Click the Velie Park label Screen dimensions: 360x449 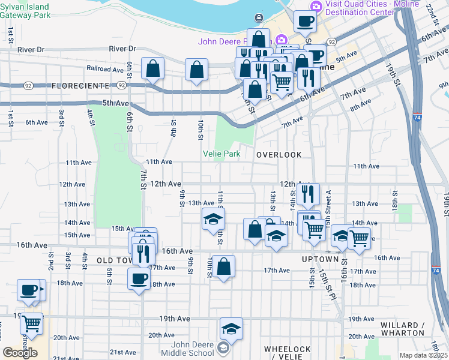click(x=222, y=154)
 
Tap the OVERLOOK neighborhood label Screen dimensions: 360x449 click(x=279, y=155)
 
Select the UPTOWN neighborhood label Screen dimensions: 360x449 click(x=320, y=259)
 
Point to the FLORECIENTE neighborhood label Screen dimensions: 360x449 click(x=80, y=86)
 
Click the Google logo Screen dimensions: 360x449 click(x=20, y=352)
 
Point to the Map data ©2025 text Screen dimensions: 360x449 click(x=423, y=355)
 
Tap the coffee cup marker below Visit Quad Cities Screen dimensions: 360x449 click(x=305, y=22)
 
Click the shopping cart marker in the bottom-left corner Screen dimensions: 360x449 click(x=32, y=323)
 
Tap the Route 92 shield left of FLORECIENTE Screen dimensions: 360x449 click(x=28, y=86)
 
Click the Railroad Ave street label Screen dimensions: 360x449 click(x=105, y=68)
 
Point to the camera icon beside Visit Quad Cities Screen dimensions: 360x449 click(x=316, y=5)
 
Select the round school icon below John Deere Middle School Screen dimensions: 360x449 click(x=223, y=348)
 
